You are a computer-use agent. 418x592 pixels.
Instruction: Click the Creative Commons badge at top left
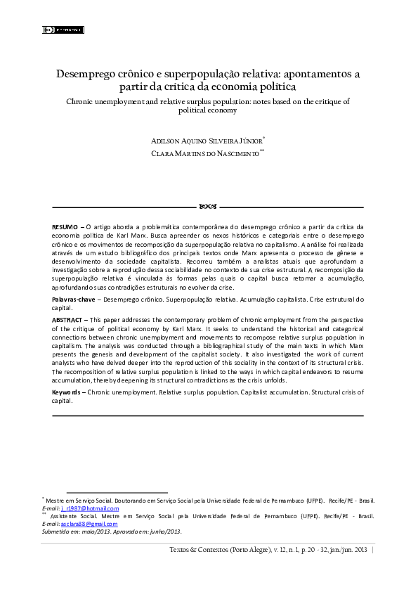point(64,30)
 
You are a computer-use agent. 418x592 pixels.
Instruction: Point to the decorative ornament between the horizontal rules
point(208,207)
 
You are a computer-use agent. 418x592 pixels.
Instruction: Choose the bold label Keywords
point(69,391)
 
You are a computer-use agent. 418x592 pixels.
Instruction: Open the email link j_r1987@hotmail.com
point(90,508)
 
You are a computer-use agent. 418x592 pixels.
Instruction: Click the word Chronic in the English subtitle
point(81,102)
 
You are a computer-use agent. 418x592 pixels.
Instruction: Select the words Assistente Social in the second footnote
point(74,516)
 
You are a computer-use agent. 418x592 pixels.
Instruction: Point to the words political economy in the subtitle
point(208,110)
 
